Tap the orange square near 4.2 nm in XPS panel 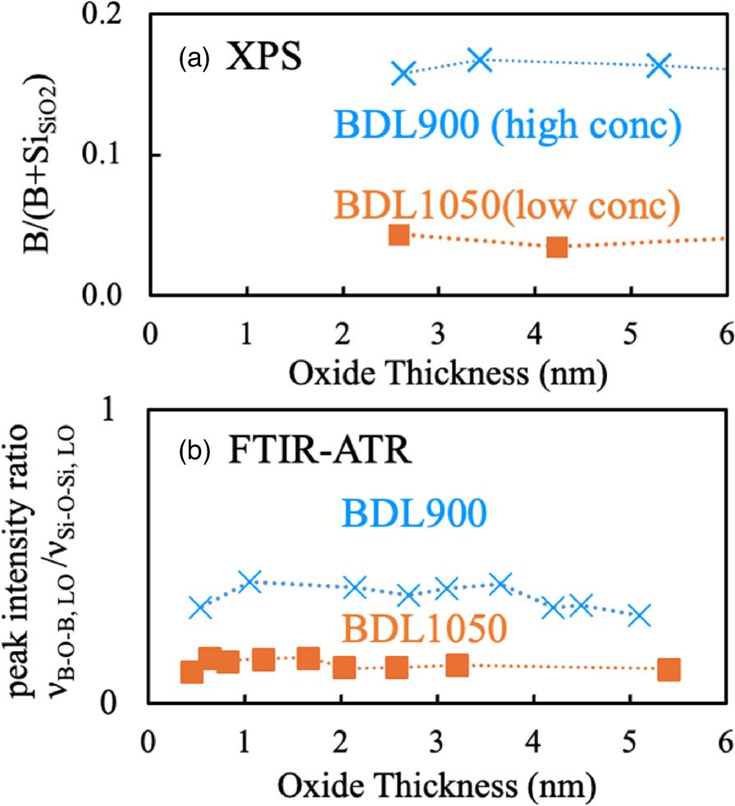[557, 247]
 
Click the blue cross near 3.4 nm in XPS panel [479, 60]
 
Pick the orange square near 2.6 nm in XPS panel [398, 235]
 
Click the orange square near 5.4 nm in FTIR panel [669, 670]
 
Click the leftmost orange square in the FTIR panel [191, 672]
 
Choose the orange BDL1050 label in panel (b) [423, 629]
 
